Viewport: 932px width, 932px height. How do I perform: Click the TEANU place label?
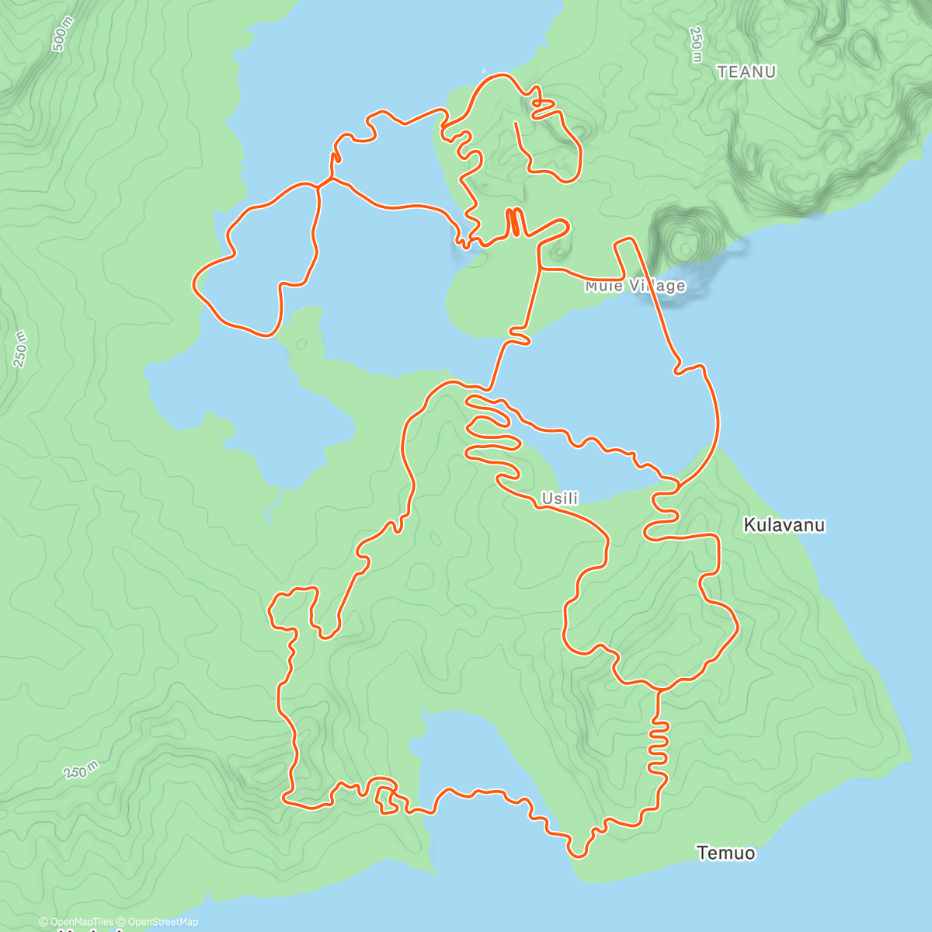[x=746, y=72]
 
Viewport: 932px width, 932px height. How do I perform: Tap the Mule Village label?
[x=635, y=286]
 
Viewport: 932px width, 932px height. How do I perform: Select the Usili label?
[x=559, y=499]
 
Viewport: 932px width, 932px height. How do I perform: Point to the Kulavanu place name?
[x=784, y=525]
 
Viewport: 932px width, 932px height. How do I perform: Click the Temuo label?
[x=725, y=853]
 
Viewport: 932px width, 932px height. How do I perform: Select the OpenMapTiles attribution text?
[x=76, y=922]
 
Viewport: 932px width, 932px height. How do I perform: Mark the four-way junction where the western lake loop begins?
[x=319, y=185]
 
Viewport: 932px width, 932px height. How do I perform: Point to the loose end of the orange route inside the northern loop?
[x=516, y=123]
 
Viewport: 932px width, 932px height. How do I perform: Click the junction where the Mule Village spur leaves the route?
[x=540, y=269]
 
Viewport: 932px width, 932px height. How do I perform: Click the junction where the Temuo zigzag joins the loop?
[x=659, y=689]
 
